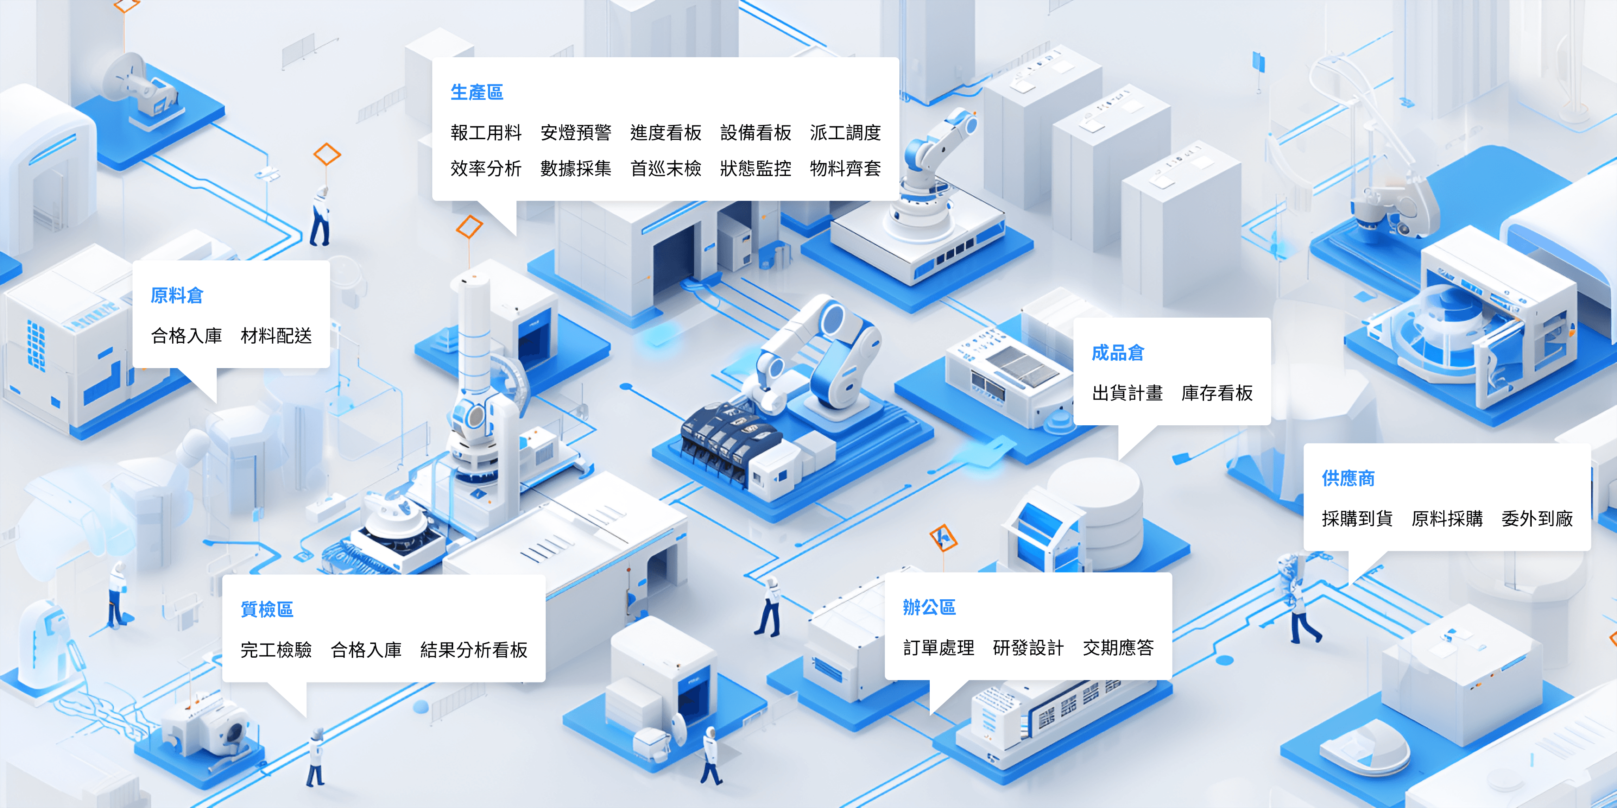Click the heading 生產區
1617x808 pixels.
476,92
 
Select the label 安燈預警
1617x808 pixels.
576,133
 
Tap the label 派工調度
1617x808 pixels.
845,133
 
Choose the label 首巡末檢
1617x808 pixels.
665,168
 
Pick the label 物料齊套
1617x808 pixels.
845,168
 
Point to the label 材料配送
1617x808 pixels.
276,336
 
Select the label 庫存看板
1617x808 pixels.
1217,393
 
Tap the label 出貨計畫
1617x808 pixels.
1127,393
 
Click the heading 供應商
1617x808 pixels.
1348,478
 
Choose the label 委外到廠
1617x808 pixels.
1536,518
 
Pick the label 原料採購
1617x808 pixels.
1447,518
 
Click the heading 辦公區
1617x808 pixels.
929,607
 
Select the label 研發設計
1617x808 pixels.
1028,647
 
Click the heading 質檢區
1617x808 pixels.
267,609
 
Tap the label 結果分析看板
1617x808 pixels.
474,650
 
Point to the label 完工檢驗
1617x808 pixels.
276,650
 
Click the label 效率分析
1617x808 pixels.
486,168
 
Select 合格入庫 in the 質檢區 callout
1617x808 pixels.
366,650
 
